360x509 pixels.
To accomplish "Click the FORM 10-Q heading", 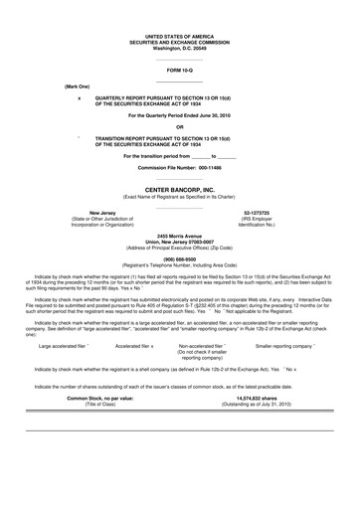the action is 179,71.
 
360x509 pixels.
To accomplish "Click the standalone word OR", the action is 179,126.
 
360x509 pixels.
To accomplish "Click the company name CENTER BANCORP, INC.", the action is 180,188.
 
